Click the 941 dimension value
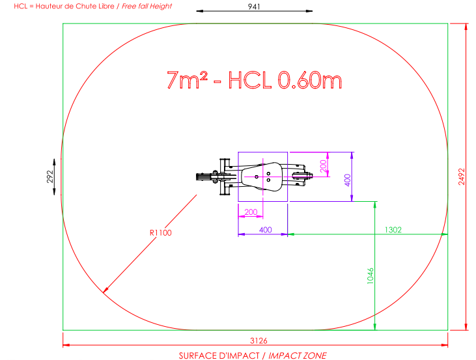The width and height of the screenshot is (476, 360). tap(254, 7)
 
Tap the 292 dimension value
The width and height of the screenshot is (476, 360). tap(50, 176)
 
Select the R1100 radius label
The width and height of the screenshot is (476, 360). tap(161, 233)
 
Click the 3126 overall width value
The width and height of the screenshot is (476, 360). tap(259, 340)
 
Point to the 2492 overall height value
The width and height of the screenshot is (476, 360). tap(462, 176)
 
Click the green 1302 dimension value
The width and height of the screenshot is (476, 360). tap(393, 230)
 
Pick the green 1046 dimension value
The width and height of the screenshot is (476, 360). tap(371, 276)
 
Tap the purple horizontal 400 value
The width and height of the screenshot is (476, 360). tap(265, 230)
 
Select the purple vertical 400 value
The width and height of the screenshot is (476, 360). tap(348, 180)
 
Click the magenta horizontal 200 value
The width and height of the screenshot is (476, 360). tap(251, 212)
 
